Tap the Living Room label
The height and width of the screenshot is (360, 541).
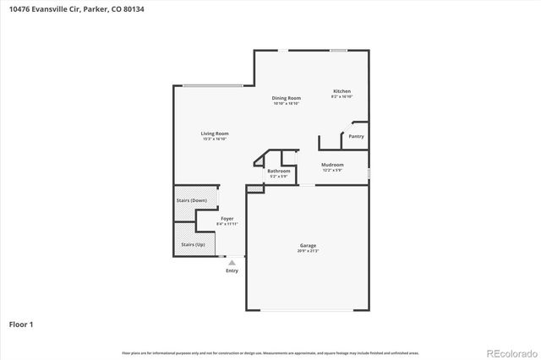tap(215, 134)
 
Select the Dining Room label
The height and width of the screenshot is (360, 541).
tap(286, 98)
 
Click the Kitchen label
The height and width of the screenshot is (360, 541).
tap(342, 91)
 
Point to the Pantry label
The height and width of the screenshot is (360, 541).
tap(356, 136)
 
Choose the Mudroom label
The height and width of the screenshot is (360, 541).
tap(332, 165)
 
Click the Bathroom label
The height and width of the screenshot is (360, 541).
tap(279, 172)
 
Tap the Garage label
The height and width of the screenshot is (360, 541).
tap(307, 246)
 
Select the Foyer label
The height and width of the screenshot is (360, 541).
tap(227, 218)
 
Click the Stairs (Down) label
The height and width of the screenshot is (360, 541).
tap(191, 200)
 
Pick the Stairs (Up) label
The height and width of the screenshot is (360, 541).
tap(192, 245)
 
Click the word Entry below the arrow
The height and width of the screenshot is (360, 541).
tap(232, 270)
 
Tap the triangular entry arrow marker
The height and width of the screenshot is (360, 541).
tap(232, 263)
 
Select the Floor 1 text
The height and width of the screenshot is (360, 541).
tap(21, 324)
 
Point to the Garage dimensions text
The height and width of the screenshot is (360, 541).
tap(307, 251)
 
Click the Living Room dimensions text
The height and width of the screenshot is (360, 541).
tap(215, 139)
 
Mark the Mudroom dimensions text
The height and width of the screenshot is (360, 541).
tap(332, 170)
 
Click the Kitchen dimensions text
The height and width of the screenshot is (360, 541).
tap(342, 96)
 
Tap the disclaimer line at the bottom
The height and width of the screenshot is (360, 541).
tap(270, 352)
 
